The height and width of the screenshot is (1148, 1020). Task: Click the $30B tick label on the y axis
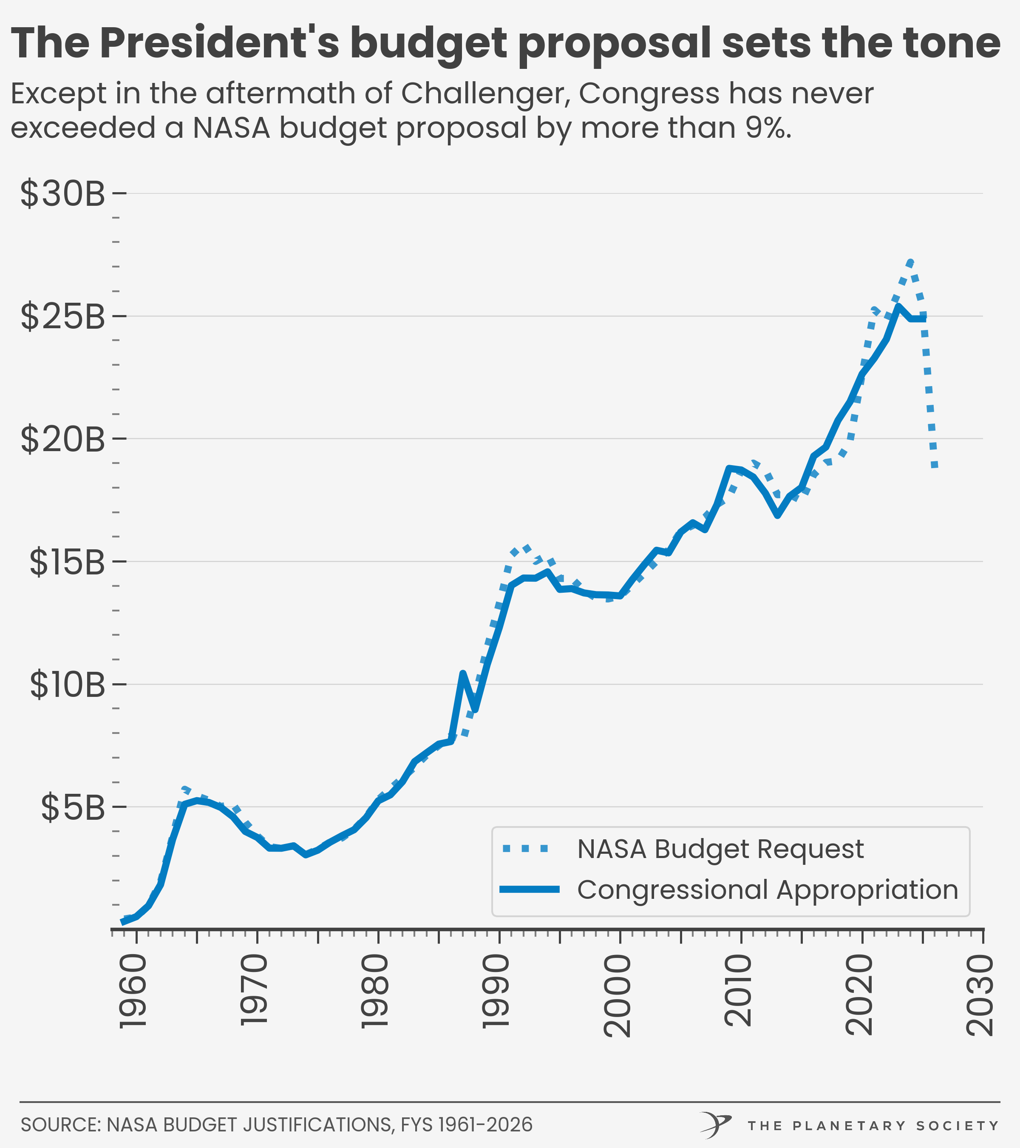62,194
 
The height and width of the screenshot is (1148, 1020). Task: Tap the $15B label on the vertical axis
68,562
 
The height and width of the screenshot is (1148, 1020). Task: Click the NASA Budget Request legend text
720,849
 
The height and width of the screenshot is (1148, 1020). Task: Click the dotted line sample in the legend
526,849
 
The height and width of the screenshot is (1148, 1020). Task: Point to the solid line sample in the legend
530,889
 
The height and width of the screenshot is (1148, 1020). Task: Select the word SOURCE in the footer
60,1125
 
